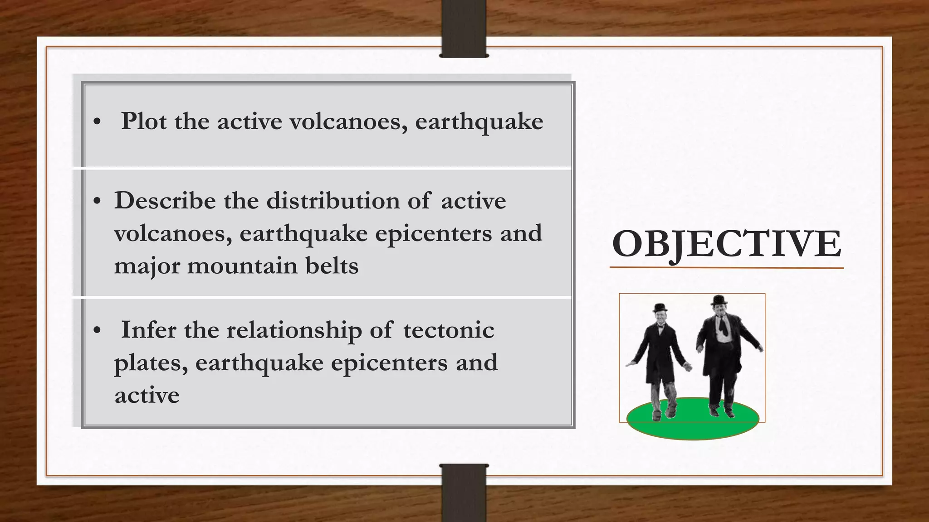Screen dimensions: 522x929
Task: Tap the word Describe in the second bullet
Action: pyautogui.click(x=165, y=201)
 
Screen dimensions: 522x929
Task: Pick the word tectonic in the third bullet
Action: pyautogui.click(x=448, y=330)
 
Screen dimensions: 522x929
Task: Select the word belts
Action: pyautogui.click(x=332, y=266)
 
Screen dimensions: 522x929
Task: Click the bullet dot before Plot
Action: pyautogui.click(x=97, y=122)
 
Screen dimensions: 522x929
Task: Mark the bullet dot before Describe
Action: pyautogui.click(x=97, y=201)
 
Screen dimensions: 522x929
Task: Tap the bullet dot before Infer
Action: pyautogui.click(x=97, y=330)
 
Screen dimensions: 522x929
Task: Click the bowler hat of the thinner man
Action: pyautogui.click(x=660, y=308)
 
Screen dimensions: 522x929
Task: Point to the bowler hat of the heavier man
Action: pyautogui.click(x=719, y=300)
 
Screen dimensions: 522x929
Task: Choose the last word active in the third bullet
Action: pyautogui.click(x=147, y=396)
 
